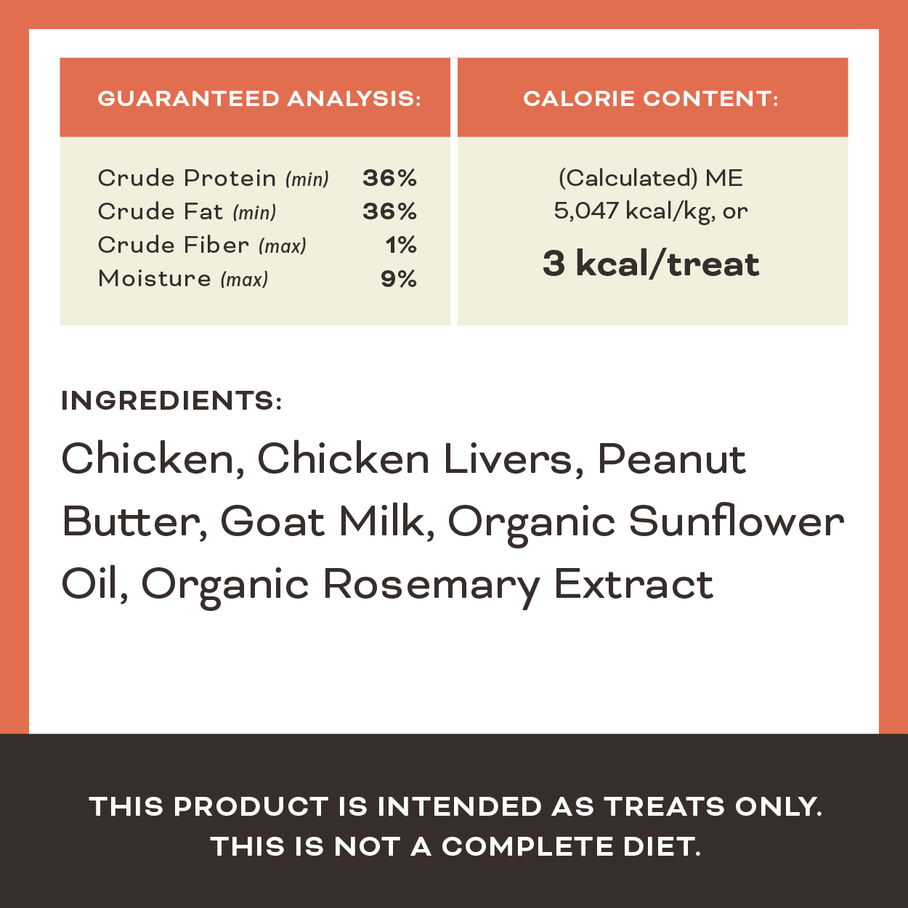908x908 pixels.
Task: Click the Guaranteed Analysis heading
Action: (x=259, y=99)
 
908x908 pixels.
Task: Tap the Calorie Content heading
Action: (x=651, y=99)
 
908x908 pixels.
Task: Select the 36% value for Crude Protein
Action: (x=389, y=178)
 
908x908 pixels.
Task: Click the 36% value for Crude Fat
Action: (x=389, y=211)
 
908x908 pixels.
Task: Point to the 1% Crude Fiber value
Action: (x=401, y=245)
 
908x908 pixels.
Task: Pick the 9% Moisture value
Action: (x=399, y=278)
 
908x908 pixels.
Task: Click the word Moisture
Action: (x=154, y=278)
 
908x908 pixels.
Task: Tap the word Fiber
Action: (x=216, y=245)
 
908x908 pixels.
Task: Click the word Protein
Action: (x=230, y=178)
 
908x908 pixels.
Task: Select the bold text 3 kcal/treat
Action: (x=651, y=264)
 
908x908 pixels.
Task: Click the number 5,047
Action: (x=586, y=211)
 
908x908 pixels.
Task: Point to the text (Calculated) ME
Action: (x=651, y=178)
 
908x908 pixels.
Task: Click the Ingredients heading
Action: (x=171, y=400)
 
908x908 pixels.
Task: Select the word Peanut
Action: (x=672, y=459)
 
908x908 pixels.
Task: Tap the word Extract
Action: (x=634, y=584)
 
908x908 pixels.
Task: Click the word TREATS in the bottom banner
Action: (x=665, y=806)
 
